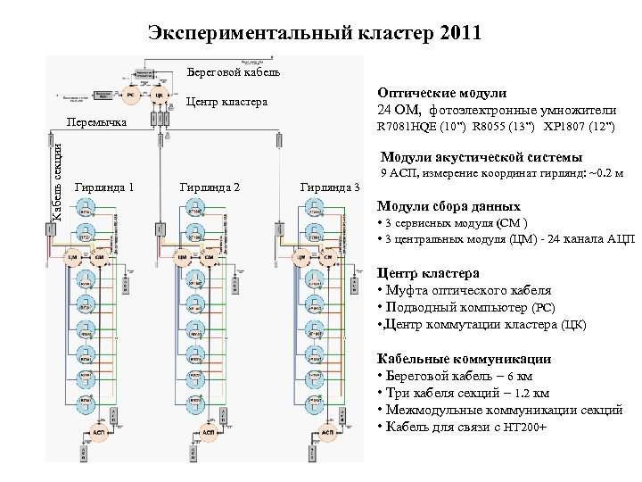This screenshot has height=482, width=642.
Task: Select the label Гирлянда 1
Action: tap(105, 187)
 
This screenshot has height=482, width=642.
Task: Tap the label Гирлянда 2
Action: tap(210, 187)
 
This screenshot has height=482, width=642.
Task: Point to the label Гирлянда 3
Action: tap(330, 187)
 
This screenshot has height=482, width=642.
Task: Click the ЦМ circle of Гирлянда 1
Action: tap(73, 258)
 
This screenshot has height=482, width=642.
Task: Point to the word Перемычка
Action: tap(98, 122)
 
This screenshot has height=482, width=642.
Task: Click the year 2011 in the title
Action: tap(460, 34)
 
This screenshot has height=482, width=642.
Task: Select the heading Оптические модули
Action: tap(441, 93)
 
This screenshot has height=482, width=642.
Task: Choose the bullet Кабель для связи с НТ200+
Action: tap(462, 427)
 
